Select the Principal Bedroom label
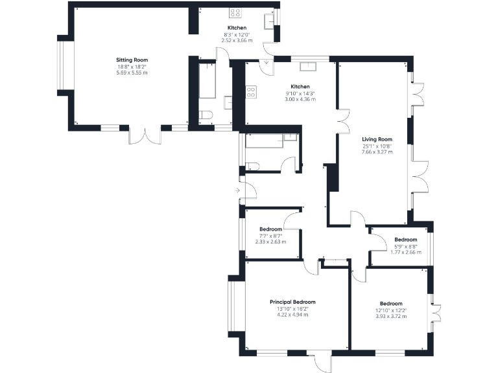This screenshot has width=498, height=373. (292, 302)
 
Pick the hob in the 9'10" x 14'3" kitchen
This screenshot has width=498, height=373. (251, 92)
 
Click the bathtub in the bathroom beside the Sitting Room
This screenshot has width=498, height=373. (207, 80)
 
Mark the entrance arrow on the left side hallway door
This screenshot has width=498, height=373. (239, 190)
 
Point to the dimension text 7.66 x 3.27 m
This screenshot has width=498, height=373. (377, 152)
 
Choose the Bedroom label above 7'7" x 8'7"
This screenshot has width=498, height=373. (270, 230)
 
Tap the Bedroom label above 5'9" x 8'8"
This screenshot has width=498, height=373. (406, 240)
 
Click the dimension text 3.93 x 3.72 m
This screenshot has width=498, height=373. (391, 317)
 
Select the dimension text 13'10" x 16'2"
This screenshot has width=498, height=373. (292, 309)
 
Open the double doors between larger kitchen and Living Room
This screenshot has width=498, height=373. (344, 120)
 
